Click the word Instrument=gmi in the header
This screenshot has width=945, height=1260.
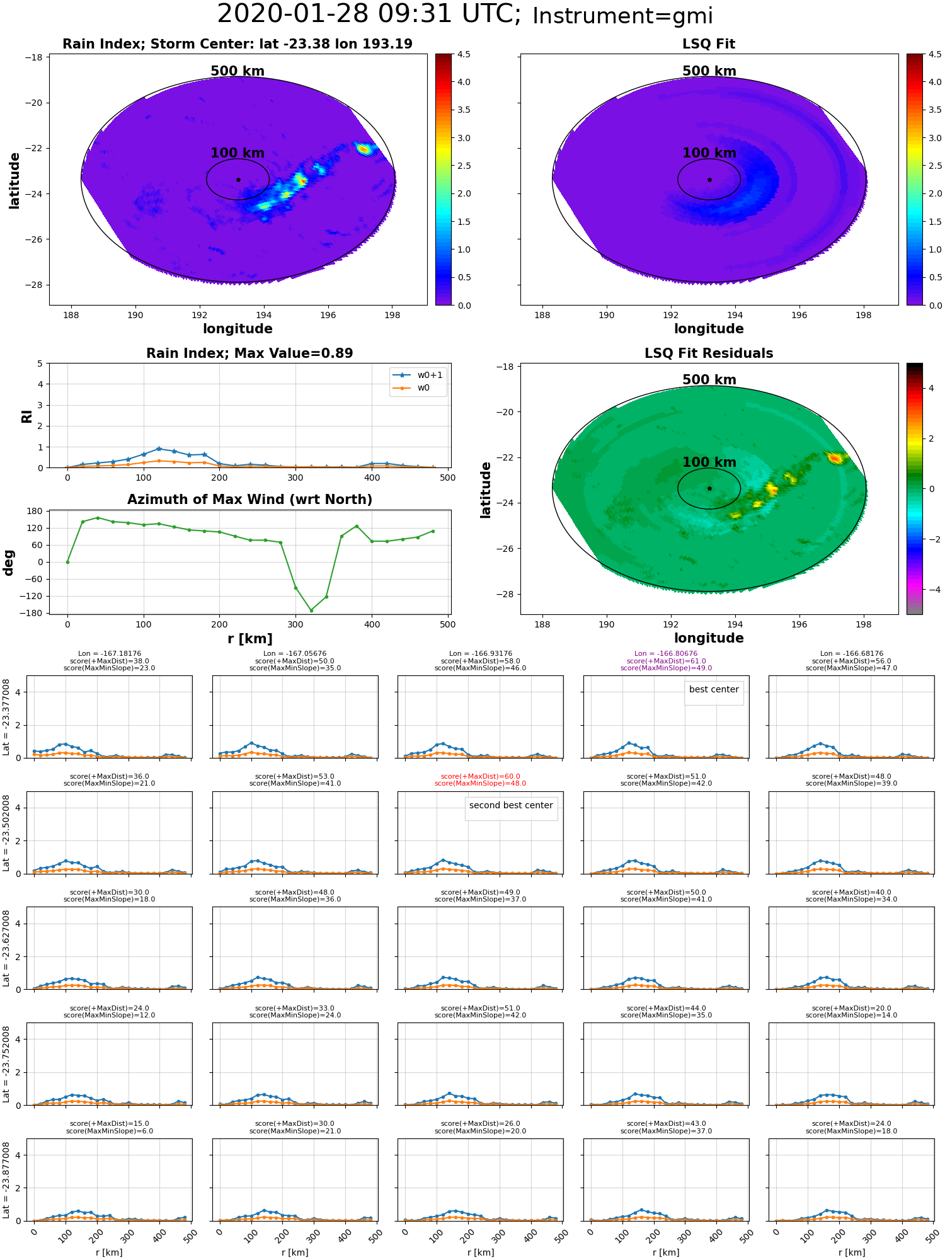pos(622,16)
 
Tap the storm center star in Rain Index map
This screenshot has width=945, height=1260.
pos(238,180)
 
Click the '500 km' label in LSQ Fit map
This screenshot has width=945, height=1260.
pos(709,71)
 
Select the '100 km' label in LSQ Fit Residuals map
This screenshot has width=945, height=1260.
pos(709,462)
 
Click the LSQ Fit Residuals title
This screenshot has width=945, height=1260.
pos(709,353)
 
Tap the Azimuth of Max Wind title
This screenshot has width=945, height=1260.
pos(249,500)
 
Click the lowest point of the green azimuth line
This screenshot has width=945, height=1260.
pos(311,610)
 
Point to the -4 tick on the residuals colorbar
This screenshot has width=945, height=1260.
pos(931,590)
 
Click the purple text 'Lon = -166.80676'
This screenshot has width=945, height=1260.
pos(666,654)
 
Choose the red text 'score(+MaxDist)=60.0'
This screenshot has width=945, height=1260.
pos(481,777)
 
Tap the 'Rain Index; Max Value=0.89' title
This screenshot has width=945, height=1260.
pos(249,353)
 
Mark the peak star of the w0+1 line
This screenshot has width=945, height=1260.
pos(159,449)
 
